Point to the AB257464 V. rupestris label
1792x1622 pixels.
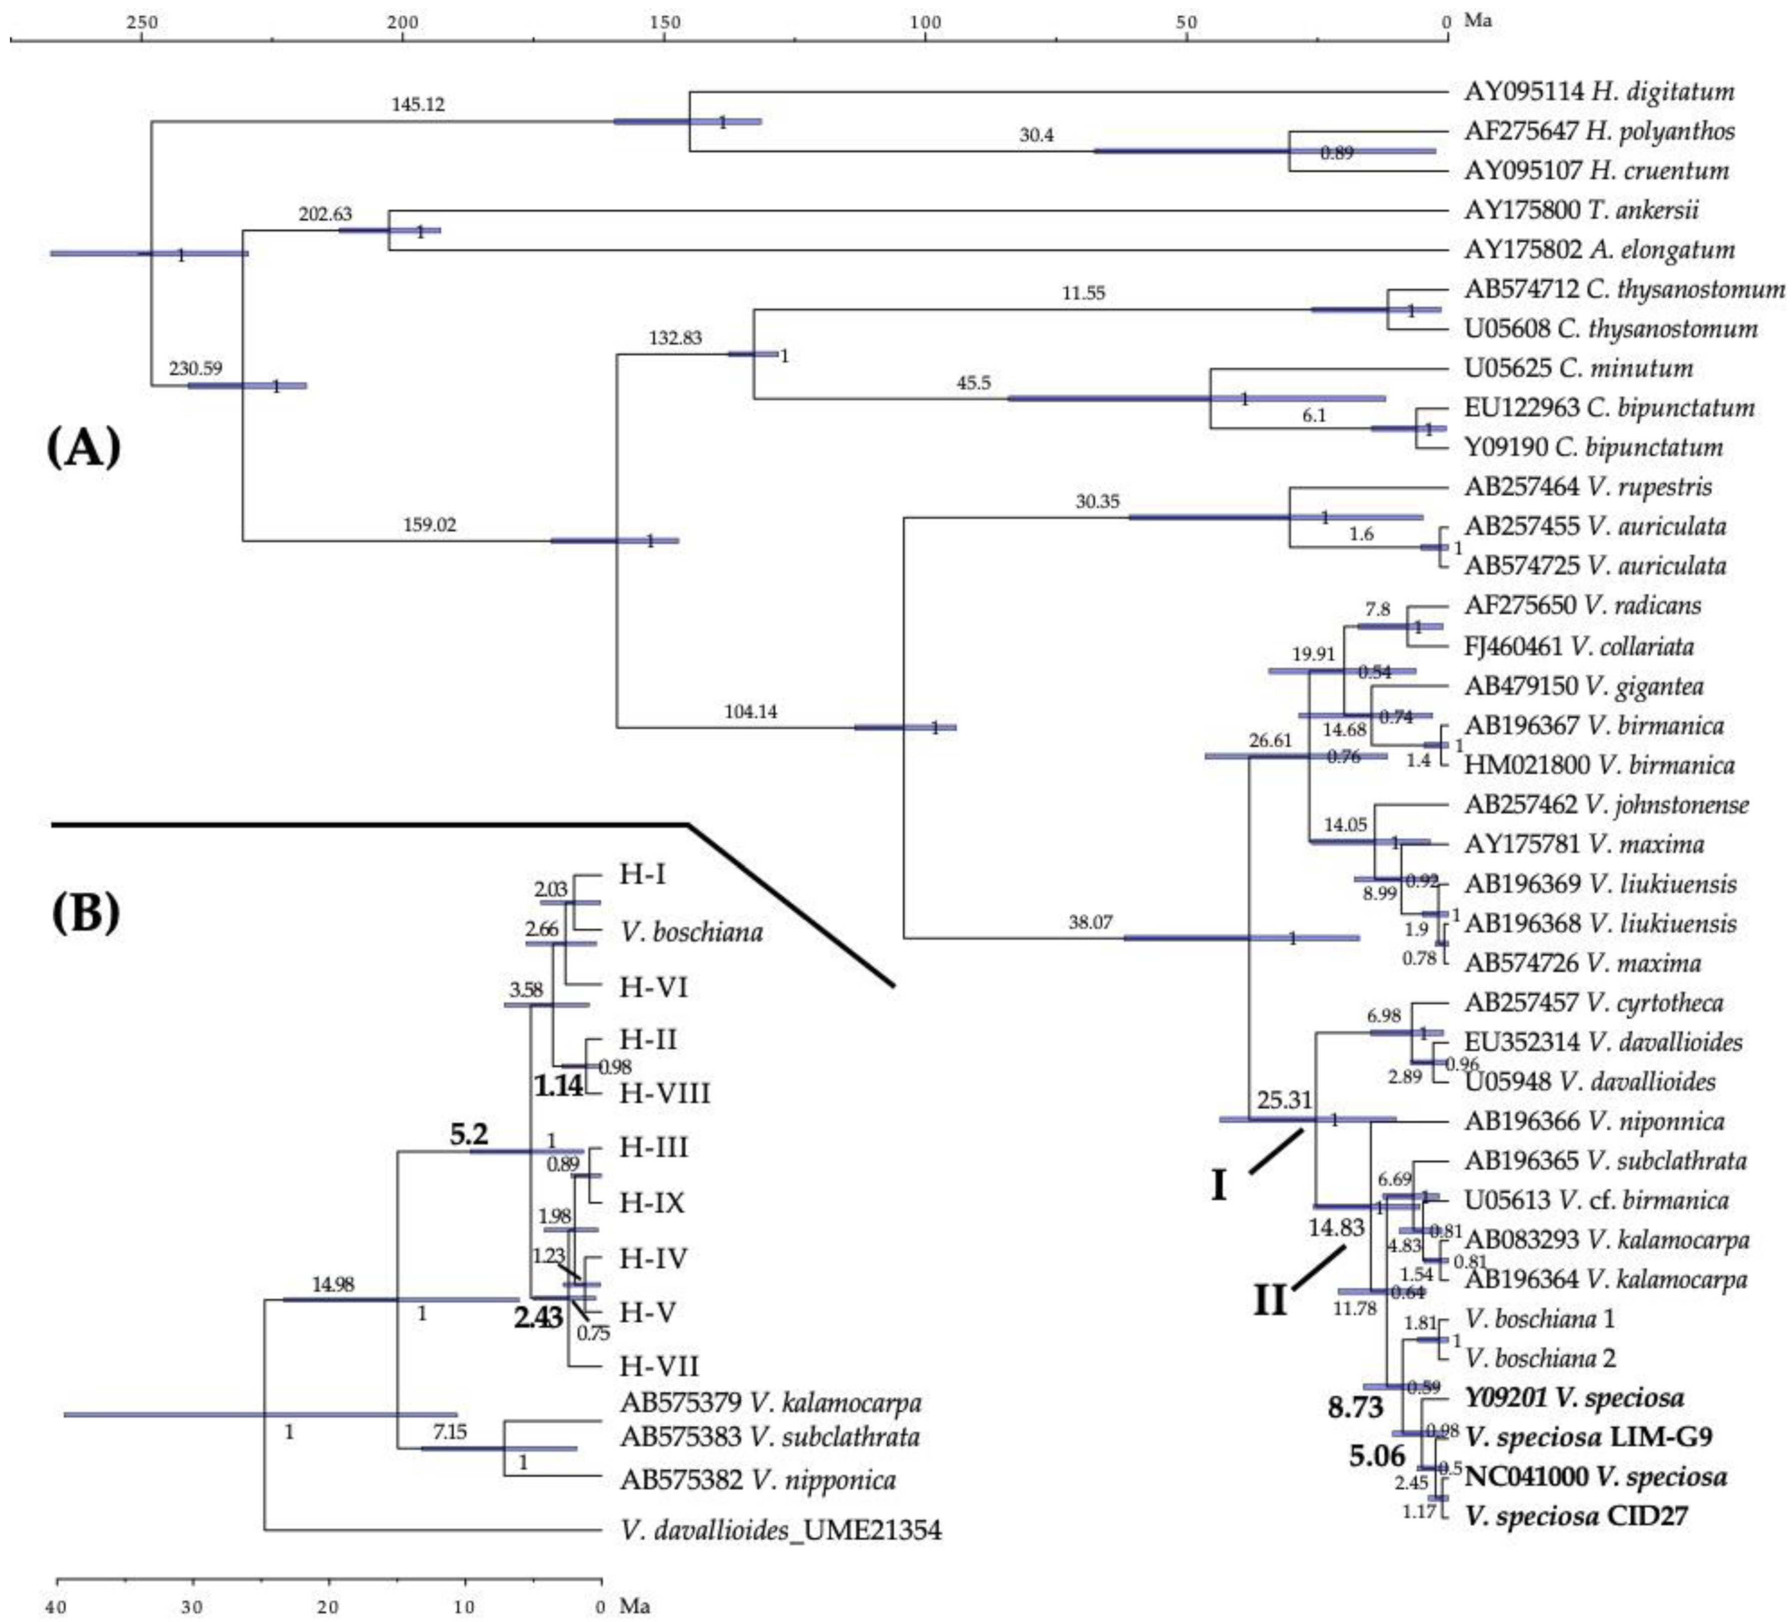[x=1587, y=487]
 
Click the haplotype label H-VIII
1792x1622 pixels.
[x=665, y=1093]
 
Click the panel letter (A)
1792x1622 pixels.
[x=83, y=447]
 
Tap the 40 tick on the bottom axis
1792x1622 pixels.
[x=57, y=1607]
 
